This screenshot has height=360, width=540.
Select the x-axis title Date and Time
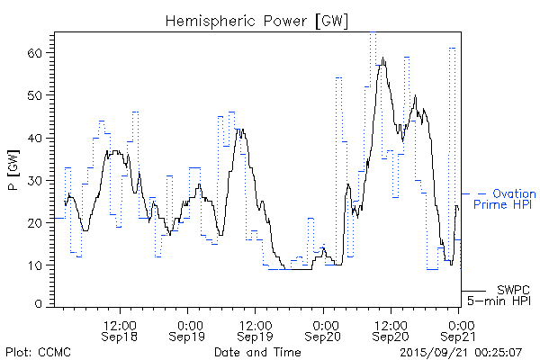pos(256,351)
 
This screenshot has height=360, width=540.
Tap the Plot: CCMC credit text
pos(38,351)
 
